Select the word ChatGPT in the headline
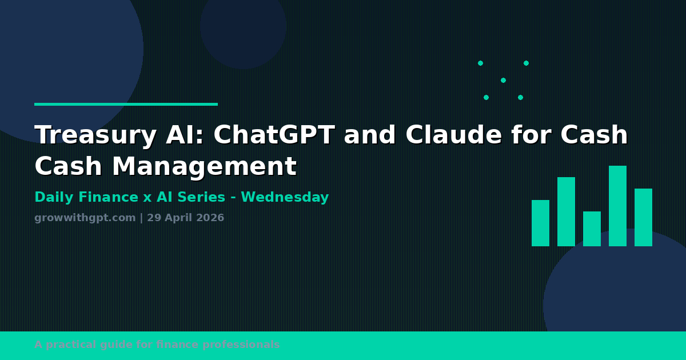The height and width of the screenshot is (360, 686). point(274,134)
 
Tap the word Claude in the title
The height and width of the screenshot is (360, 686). point(454,134)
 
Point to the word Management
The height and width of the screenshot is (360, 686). point(205,166)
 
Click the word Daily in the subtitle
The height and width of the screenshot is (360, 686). point(54,198)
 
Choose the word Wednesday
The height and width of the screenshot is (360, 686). point(285,197)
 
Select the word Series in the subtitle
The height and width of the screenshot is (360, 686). point(201,197)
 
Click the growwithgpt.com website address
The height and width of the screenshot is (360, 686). point(85,218)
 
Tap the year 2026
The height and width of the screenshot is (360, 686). point(210,218)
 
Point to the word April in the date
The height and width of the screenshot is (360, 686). point(179,218)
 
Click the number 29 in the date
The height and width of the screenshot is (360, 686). point(154,218)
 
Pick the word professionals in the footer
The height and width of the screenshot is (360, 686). point(241,345)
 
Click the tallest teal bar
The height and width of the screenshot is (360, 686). point(618,206)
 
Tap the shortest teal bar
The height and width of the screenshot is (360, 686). point(592,229)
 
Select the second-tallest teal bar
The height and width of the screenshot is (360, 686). point(567,211)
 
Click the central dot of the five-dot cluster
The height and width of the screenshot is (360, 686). point(503,80)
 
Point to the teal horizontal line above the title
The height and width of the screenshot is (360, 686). point(126,105)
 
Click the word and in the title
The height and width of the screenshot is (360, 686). point(370,134)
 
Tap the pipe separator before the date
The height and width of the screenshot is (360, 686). point(141,218)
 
